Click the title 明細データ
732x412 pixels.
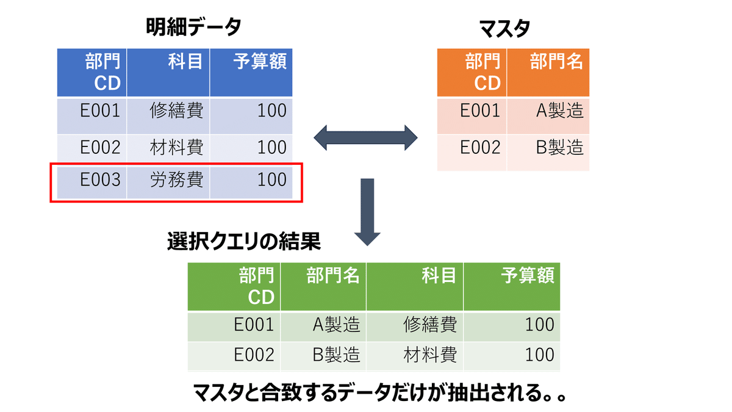[x=193, y=26]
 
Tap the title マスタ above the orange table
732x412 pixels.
[x=504, y=29]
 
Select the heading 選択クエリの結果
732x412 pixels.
[x=244, y=241]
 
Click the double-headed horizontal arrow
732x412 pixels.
[x=365, y=138]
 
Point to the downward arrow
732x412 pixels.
[x=367, y=212]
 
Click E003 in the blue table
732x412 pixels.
[x=100, y=179]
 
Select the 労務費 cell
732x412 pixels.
[x=176, y=179]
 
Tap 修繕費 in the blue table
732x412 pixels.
[x=176, y=110]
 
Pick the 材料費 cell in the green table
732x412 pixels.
[x=430, y=355]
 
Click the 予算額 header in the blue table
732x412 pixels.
[x=260, y=61]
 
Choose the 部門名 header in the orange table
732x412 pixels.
[x=556, y=61]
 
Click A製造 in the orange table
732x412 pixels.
[x=560, y=110]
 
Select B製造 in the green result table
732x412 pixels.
[x=336, y=355]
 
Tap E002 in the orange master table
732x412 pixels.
[x=480, y=148]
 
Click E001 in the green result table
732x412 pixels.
[x=254, y=325]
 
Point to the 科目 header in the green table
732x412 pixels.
[x=439, y=275]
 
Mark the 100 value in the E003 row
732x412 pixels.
[x=272, y=179]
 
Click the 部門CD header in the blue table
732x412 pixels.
[x=102, y=72]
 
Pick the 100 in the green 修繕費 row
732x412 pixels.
[x=539, y=325]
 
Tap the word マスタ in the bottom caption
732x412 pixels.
[x=218, y=392]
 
